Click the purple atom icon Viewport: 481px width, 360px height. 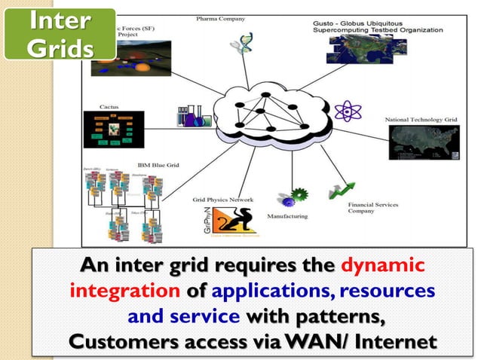347,111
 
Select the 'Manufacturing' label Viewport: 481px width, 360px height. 287,216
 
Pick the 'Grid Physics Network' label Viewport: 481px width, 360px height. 222,200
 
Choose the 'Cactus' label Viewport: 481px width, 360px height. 109,107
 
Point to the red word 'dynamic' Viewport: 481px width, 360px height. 383,267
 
